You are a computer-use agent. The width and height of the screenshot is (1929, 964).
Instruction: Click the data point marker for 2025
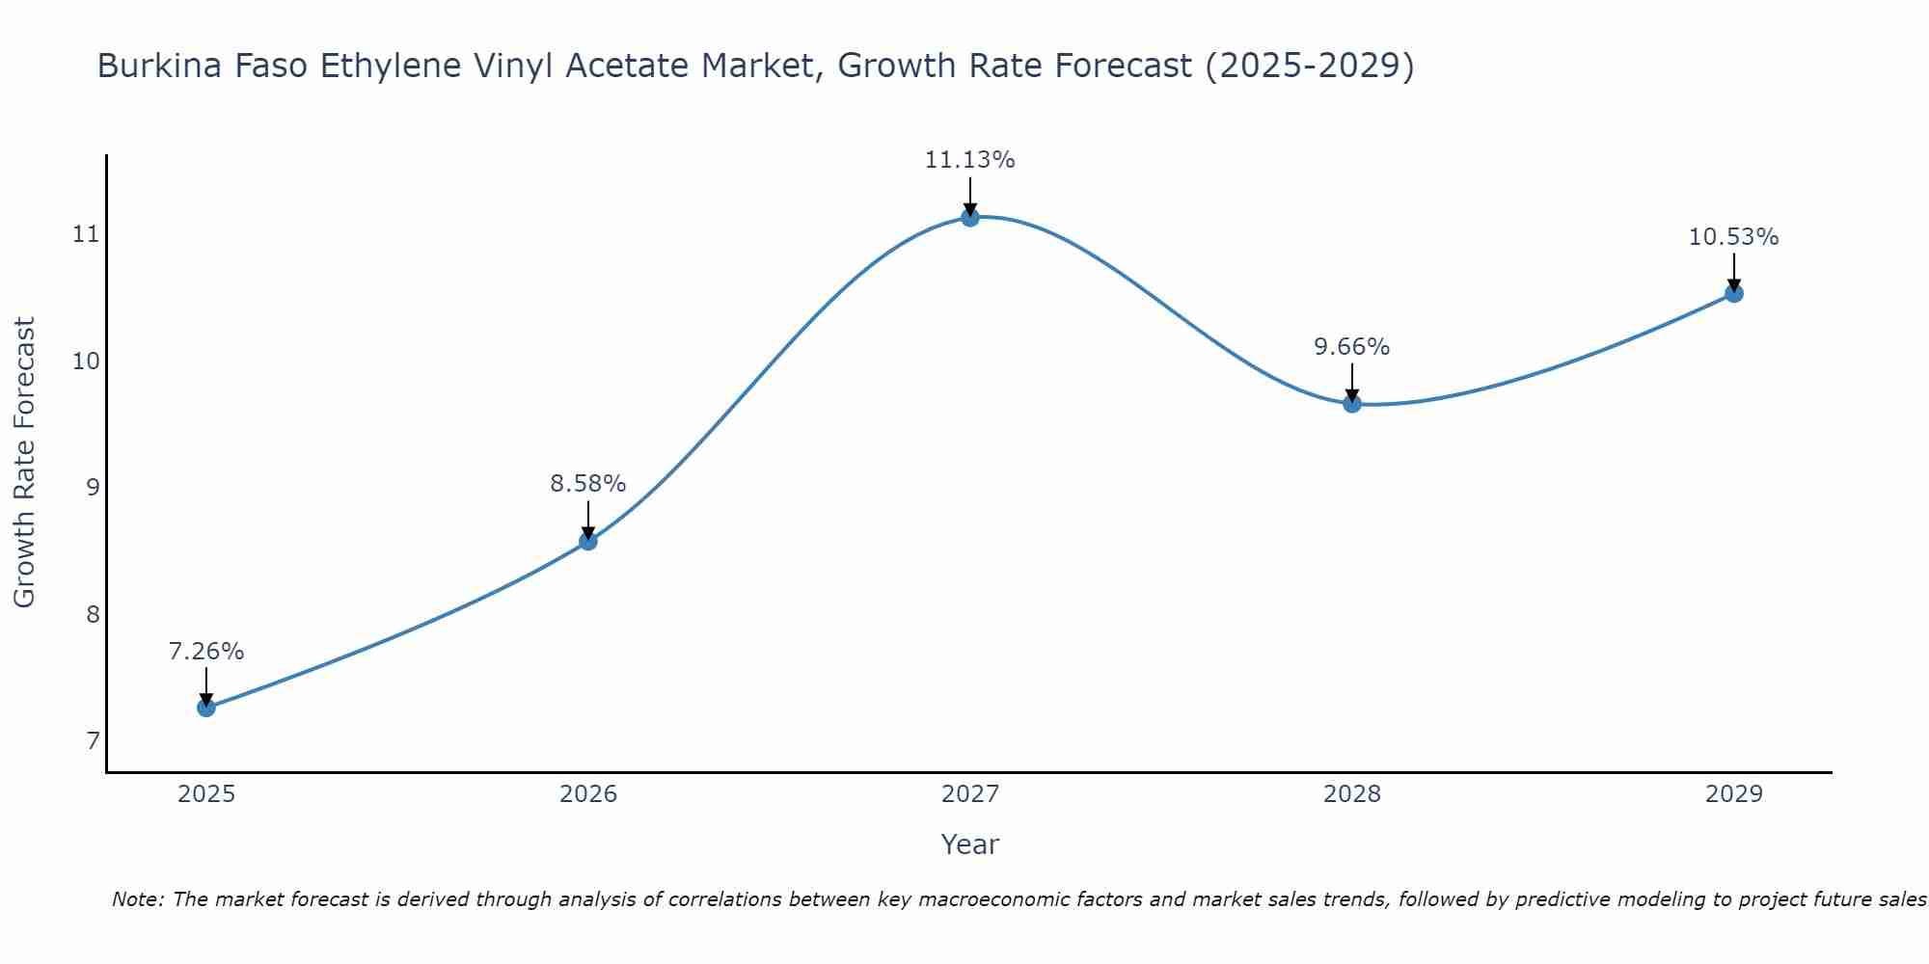(206, 708)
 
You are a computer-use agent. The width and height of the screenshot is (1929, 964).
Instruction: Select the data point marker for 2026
(588, 541)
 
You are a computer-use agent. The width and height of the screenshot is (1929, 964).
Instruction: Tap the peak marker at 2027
(970, 218)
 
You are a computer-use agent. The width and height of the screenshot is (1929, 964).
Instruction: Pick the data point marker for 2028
(1352, 404)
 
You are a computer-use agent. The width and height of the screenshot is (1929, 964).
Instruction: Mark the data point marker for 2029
(1733, 293)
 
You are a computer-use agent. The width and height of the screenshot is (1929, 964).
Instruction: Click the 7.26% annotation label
(206, 652)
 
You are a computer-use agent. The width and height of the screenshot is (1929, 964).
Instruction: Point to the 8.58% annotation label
(588, 484)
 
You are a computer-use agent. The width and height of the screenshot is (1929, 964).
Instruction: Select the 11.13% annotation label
(970, 160)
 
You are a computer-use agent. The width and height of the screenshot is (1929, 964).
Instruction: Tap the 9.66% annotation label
(1352, 347)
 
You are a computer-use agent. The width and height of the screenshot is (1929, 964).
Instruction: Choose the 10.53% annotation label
(1733, 237)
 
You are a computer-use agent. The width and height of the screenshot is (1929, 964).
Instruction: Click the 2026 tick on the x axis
(588, 794)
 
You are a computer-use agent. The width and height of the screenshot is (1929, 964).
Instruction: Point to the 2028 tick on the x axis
(1352, 794)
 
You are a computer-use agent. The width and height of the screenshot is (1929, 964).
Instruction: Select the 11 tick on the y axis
(87, 234)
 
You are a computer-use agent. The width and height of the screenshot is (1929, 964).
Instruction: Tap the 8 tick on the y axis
(93, 614)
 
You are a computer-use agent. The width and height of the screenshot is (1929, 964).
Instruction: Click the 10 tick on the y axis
(87, 361)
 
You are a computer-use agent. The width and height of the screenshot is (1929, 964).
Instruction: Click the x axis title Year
(970, 844)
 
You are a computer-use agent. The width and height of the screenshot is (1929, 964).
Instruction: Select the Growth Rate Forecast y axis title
(25, 463)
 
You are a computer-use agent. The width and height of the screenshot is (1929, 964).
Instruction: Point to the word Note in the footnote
(138, 899)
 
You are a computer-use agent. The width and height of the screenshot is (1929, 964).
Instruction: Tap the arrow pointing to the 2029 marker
(1733, 272)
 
